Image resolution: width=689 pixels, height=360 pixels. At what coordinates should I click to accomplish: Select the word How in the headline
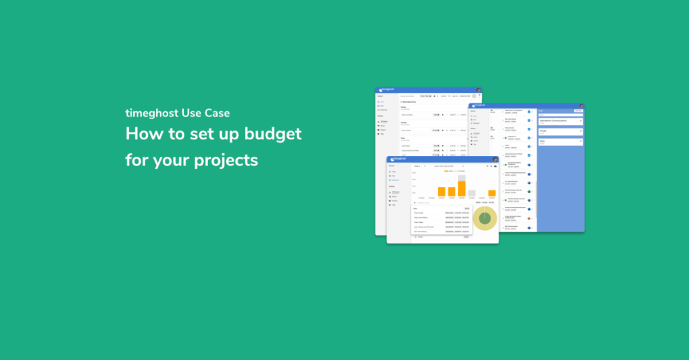point(143,134)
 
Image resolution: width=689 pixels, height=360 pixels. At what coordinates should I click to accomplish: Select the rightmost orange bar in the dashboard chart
point(492,193)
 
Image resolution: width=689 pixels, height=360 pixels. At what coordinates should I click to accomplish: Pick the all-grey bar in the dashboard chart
point(472,193)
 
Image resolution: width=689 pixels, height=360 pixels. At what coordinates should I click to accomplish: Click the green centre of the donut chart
point(484,218)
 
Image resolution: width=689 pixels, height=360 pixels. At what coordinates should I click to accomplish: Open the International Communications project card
point(560,122)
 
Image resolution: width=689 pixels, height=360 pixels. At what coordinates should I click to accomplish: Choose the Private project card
point(560,132)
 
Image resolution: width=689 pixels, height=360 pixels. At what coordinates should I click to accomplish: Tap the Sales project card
point(560,142)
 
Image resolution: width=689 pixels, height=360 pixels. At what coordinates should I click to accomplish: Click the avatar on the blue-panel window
point(581,106)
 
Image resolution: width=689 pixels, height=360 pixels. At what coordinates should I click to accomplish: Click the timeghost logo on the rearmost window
point(387,89)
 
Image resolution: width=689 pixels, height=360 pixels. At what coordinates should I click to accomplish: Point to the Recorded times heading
point(410,102)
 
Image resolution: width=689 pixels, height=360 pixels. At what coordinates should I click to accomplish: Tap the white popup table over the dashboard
point(441,219)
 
